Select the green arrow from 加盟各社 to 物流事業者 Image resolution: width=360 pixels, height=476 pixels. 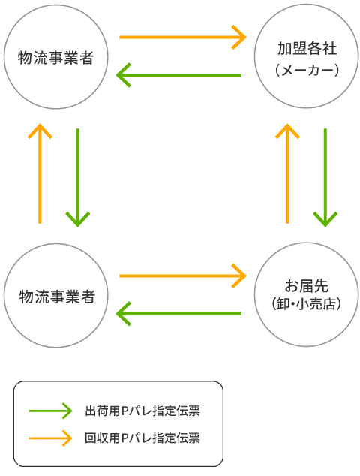coord(180,75)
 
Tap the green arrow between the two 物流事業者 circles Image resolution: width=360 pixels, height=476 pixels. coord(78,177)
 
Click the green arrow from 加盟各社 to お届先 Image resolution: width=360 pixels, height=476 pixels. coord(325,177)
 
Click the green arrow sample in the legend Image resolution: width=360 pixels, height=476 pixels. coord(49,411)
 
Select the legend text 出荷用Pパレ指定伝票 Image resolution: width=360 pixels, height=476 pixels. coord(142,411)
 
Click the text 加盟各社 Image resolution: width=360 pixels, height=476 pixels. coord(307,49)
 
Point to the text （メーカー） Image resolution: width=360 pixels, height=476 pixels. coord(307,70)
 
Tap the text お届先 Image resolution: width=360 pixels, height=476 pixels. coord(307,285)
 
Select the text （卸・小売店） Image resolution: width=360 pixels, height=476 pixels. coord(307,304)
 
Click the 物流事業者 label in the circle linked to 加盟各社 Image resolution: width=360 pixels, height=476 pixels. coord(57,58)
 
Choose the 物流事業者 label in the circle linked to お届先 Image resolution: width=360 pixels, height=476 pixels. coord(57,296)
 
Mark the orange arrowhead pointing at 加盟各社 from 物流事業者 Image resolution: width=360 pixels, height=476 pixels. coord(241,36)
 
